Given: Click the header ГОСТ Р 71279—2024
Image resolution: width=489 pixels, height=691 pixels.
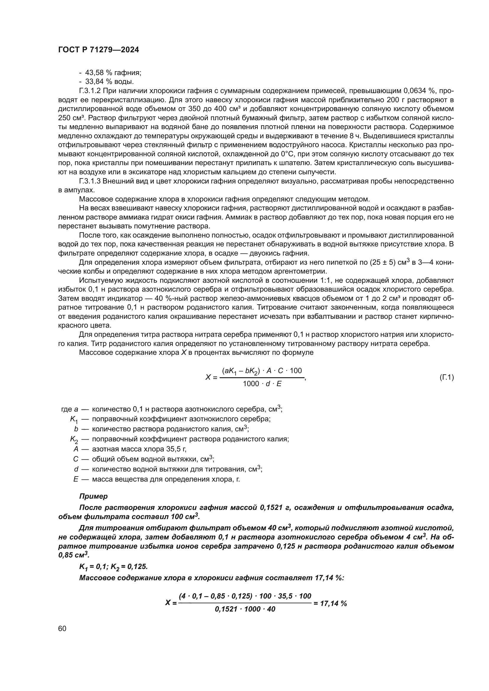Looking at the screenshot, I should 98,50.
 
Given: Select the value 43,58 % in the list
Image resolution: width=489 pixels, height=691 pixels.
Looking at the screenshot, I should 95,73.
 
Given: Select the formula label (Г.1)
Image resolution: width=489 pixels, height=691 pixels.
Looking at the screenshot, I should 446,377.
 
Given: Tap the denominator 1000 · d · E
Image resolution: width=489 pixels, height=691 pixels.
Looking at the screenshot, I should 262,384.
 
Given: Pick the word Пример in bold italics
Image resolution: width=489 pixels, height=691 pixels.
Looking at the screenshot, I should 93,496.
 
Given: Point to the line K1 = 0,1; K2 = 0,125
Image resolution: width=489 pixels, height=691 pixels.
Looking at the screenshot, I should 113,567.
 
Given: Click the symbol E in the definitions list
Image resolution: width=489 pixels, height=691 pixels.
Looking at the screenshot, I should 76,479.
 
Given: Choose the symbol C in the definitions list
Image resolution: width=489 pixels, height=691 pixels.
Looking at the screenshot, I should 76,459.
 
